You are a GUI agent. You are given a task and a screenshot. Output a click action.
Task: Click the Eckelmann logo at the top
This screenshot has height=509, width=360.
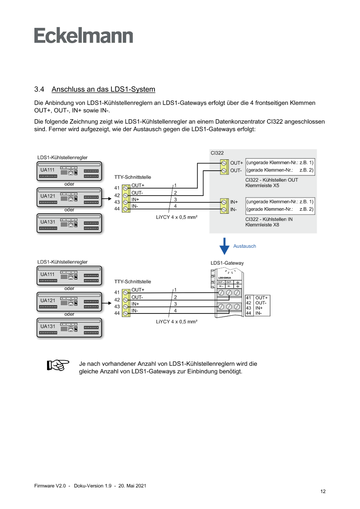pyautogui.click(x=84, y=36)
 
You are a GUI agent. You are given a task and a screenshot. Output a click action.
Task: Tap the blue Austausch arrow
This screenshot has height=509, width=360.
pyautogui.click(x=224, y=246)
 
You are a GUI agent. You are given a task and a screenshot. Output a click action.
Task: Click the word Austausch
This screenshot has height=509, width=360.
pyautogui.click(x=245, y=246)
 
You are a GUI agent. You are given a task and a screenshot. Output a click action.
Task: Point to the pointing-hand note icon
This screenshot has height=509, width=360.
pyautogui.click(x=58, y=365)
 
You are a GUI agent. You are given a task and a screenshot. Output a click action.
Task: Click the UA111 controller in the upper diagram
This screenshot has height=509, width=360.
pyautogui.click(x=69, y=172)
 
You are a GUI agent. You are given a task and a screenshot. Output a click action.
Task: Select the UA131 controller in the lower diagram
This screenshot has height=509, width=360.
pyautogui.click(x=69, y=328)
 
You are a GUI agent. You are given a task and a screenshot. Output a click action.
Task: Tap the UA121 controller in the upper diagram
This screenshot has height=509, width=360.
pyautogui.click(x=69, y=197)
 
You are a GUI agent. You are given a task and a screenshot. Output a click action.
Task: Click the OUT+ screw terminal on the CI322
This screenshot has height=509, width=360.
pyautogui.click(x=224, y=163)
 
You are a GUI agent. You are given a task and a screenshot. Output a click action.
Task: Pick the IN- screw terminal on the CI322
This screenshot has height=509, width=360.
pyautogui.click(x=224, y=210)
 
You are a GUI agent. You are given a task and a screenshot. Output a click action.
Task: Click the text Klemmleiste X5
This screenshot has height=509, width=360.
pyautogui.click(x=262, y=185)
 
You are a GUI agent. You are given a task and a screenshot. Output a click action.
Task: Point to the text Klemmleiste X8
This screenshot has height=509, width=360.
pyautogui.click(x=262, y=225)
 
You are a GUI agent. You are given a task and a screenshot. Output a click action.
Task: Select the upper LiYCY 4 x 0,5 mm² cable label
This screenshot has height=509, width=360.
pyautogui.click(x=177, y=216)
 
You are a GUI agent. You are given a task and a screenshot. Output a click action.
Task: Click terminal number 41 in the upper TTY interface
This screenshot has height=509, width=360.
pyautogui.click(x=117, y=188)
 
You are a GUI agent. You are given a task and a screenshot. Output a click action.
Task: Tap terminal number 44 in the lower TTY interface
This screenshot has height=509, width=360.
pyautogui.click(x=117, y=313)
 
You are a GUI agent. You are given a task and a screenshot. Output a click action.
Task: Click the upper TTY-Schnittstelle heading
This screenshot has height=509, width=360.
pyautogui.click(x=133, y=178)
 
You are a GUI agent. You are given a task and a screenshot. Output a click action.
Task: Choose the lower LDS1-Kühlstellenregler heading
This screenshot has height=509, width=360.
pyautogui.click(x=63, y=262)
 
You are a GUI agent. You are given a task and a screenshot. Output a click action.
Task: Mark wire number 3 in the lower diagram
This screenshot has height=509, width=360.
pyautogui.click(x=175, y=303)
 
